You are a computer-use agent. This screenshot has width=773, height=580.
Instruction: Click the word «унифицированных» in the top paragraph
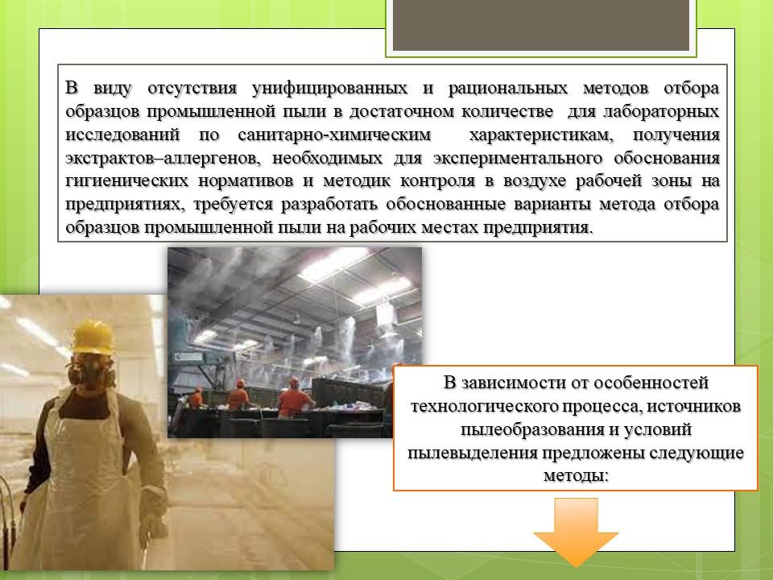(x=329, y=89)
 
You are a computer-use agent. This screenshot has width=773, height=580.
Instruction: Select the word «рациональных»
(x=508, y=89)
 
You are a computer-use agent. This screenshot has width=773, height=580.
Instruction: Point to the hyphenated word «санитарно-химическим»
(x=334, y=135)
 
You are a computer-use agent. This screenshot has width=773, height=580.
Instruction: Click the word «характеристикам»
(x=541, y=135)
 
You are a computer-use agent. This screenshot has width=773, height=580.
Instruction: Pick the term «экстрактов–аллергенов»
(x=160, y=158)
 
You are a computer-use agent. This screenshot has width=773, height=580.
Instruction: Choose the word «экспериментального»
(x=518, y=158)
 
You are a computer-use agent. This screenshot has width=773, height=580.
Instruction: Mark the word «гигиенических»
(x=126, y=181)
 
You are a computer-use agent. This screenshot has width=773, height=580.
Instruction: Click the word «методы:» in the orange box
(x=576, y=475)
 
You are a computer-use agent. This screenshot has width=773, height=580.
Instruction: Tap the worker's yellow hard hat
(x=93, y=337)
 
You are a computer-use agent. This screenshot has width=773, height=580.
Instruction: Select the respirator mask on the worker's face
(x=92, y=371)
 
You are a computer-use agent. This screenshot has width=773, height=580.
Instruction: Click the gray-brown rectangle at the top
(x=541, y=25)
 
